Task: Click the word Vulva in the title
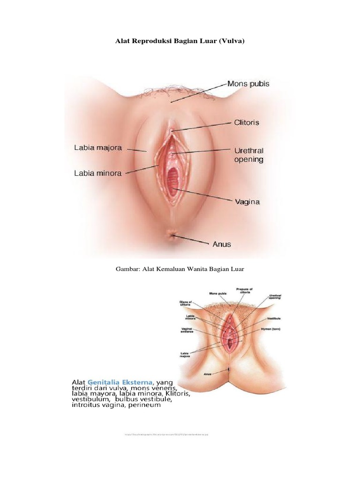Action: click(x=230, y=42)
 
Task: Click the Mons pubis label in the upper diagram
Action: click(x=248, y=84)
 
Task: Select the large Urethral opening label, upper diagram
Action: click(x=248, y=155)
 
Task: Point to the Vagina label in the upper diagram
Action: click(x=247, y=202)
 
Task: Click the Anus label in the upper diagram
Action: click(x=222, y=244)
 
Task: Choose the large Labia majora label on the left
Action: click(x=98, y=148)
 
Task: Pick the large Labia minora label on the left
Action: click(x=98, y=173)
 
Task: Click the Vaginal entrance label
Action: click(x=187, y=331)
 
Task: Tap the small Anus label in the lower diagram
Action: click(x=208, y=374)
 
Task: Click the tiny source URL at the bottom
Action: click(x=166, y=435)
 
